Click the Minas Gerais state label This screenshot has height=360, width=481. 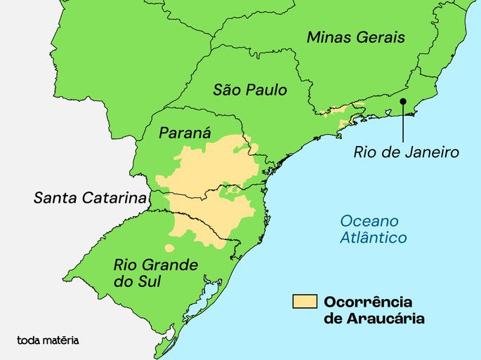pyautogui.click(x=355, y=37)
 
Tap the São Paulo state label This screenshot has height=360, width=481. pyautogui.click(x=250, y=91)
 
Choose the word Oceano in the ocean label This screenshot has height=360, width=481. pyautogui.click(x=369, y=221)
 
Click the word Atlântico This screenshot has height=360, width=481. pyautogui.click(x=373, y=238)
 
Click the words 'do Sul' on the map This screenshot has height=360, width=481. pyautogui.click(x=137, y=282)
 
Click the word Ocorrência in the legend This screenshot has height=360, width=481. pyautogui.click(x=367, y=302)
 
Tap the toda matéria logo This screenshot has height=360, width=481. pyautogui.click(x=48, y=340)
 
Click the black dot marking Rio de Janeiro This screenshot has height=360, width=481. pyautogui.click(x=403, y=102)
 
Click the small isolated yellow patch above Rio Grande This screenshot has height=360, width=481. pyautogui.click(x=169, y=247)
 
